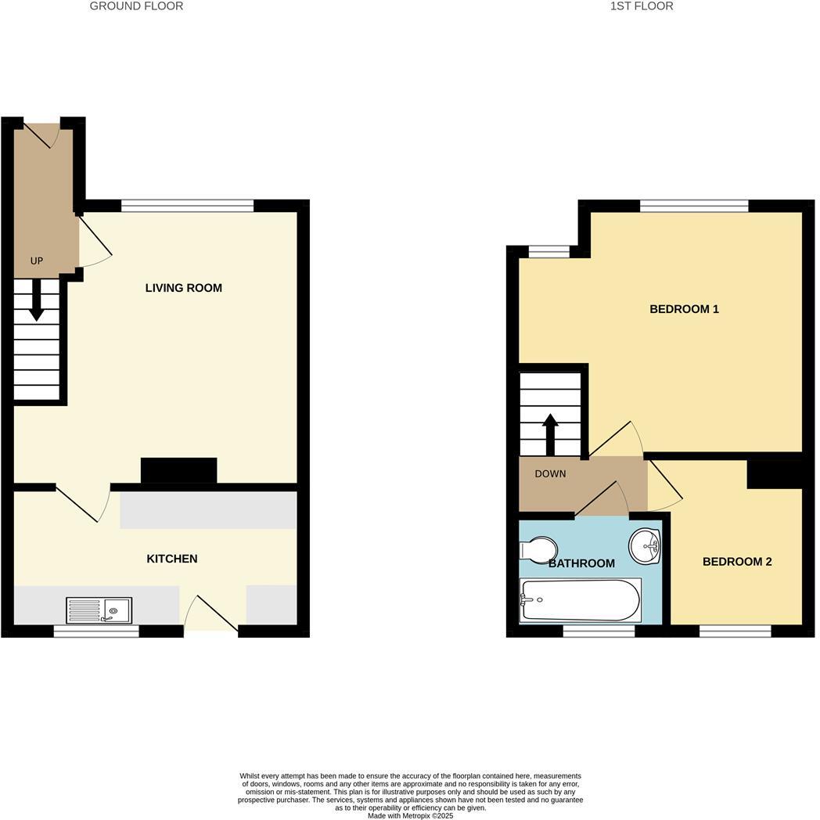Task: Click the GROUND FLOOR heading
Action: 136,6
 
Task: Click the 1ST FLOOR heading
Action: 642,6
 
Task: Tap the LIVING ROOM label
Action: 184,288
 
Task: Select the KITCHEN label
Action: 172,559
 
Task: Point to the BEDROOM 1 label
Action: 684,309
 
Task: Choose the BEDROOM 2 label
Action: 736,562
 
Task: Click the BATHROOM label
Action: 581,563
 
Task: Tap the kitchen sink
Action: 99,610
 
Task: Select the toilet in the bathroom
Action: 538,550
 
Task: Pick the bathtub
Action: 580,600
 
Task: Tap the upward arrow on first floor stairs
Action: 550,433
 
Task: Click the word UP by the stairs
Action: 37,261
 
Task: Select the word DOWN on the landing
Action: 550,474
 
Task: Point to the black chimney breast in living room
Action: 178,471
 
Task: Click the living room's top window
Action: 188,206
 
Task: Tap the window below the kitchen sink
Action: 96,631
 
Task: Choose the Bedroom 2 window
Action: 735,631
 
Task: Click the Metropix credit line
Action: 410,815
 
